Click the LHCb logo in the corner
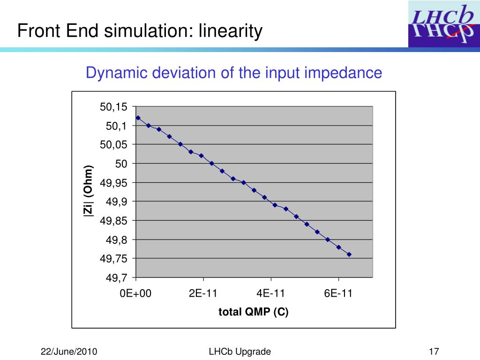coord(443,23)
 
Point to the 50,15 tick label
coord(113,107)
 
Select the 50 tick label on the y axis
coord(122,164)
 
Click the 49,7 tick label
coord(117,278)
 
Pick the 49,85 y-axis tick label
coord(113,221)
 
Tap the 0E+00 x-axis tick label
coord(136,293)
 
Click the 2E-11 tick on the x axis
coord(203,293)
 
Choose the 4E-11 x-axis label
coord(271,293)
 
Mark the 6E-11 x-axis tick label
coord(338,293)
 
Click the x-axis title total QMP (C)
coord(254,312)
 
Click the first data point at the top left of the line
coord(138,118)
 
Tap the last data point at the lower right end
coord(349,255)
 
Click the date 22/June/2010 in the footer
coord(69,352)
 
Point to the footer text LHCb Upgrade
coord(240,352)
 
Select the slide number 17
coord(434,352)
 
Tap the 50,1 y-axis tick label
coord(117,126)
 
